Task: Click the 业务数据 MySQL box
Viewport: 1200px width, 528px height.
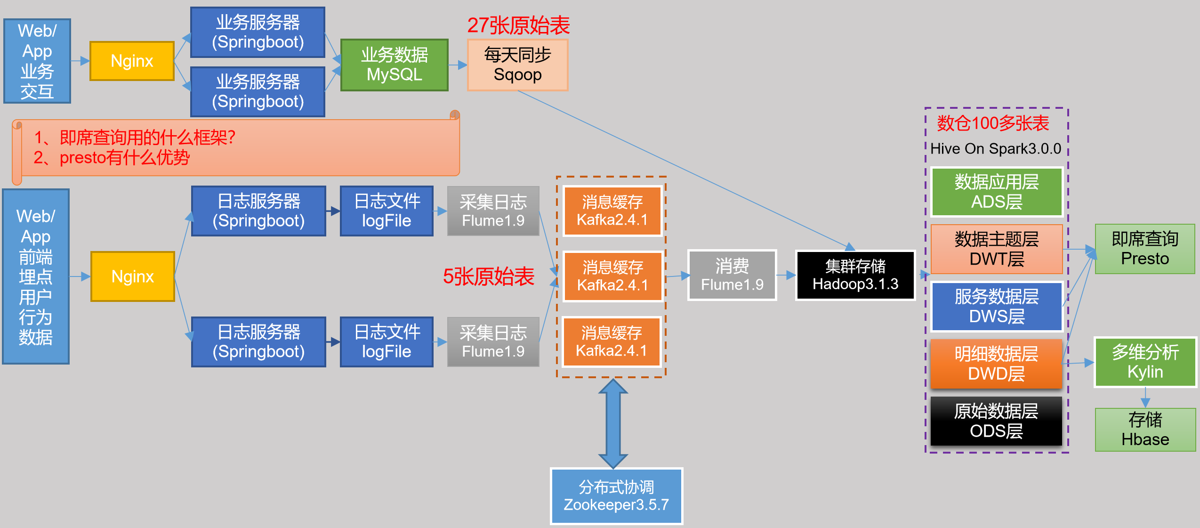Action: pyautogui.click(x=394, y=65)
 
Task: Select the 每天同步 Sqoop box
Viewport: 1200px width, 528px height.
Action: pyautogui.click(x=517, y=65)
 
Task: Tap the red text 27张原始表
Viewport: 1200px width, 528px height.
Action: pyautogui.click(x=518, y=25)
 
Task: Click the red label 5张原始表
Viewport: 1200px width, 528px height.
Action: pyautogui.click(x=488, y=276)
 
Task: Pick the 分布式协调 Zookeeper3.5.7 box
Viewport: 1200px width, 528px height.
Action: pyautogui.click(x=616, y=496)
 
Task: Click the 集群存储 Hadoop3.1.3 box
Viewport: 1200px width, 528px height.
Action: pyautogui.click(x=855, y=275)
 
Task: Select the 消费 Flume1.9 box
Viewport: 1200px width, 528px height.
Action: pyautogui.click(x=732, y=275)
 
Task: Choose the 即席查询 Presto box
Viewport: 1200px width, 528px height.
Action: pyautogui.click(x=1144, y=249)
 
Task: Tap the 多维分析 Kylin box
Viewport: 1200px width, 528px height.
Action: pyautogui.click(x=1145, y=362)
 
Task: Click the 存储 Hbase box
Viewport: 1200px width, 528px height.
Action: pyautogui.click(x=1145, y=430)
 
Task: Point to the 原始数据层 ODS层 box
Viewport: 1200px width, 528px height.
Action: pyautogui.click(x=996, y=421)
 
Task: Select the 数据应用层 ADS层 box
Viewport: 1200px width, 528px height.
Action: pyautogui.click(x=997, y=192)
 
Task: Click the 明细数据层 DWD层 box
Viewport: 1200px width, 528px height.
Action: pyautogui.click(x=996, y=364)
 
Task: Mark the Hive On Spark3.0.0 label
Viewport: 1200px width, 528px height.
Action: pyautogui.click(x=996, y=149)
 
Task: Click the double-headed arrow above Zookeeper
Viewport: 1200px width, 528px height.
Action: pyautogui.click(x=612, y=423)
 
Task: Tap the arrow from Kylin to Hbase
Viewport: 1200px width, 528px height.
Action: pyautogui.click(x=1145, y=398)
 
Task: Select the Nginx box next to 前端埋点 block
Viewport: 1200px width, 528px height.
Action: pyautogui.click(x=132, y=276)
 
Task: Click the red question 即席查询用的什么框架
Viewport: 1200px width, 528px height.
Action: pyautogui.click(x=135, y=138)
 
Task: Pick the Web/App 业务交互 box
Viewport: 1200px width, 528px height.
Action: pyautogui.click(x=37, y=61)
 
